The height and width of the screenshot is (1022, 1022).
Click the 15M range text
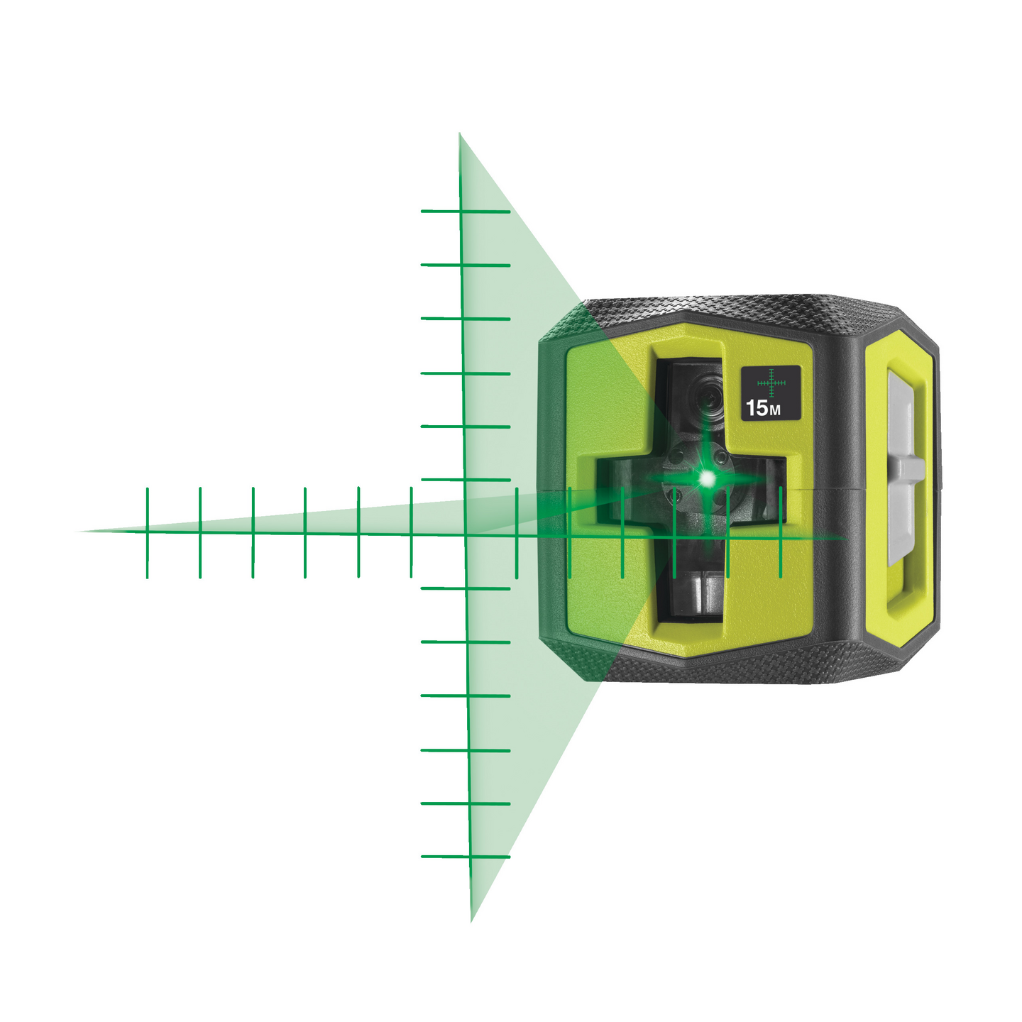(x=762, y=408)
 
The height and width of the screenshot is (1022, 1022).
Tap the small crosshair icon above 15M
(x=771, y=382)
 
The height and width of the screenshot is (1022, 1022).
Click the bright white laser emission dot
(x=706, y=479)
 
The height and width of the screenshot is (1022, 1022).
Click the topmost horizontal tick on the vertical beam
(x=465, y=211)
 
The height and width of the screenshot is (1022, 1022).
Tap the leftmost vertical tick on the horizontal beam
(x=147, y=532)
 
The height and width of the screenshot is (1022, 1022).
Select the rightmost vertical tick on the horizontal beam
(x=780, y=532)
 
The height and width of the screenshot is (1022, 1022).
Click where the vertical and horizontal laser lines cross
(x=465, y=533)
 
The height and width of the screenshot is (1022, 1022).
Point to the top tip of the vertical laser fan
(x=459, y=133)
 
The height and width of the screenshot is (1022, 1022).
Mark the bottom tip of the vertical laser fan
(x=471, y=921)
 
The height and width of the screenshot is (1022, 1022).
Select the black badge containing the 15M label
(x=771, y=393)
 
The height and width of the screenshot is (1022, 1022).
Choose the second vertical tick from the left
(x=200, y=532)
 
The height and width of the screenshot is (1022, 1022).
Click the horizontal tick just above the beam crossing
(x=465, y=480)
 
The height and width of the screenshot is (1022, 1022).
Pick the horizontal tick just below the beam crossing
(x=466, y=588)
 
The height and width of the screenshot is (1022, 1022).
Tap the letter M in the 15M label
(x=775, y=410)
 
